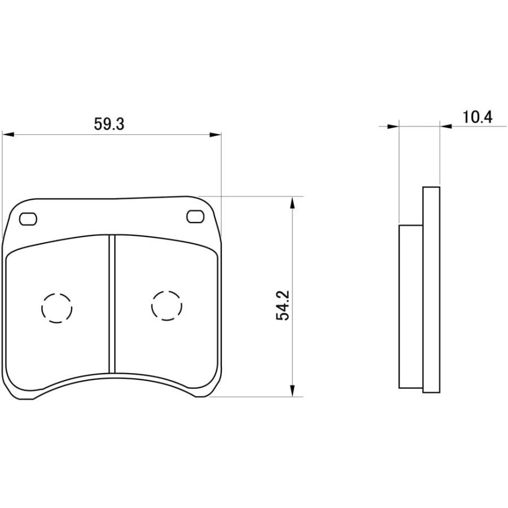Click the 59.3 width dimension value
pos(109,124)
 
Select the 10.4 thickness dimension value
pos(477,117)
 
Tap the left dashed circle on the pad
pos(57,308)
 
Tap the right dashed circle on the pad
pos(167,305)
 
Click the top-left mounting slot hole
pos(28,218)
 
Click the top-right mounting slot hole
pos(195,216)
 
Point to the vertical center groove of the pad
pos(112,305)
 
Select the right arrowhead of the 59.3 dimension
pos(215,134)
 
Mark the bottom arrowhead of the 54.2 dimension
pos(292,391)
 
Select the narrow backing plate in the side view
pos(431,289)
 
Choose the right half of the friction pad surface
pos(167,339)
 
